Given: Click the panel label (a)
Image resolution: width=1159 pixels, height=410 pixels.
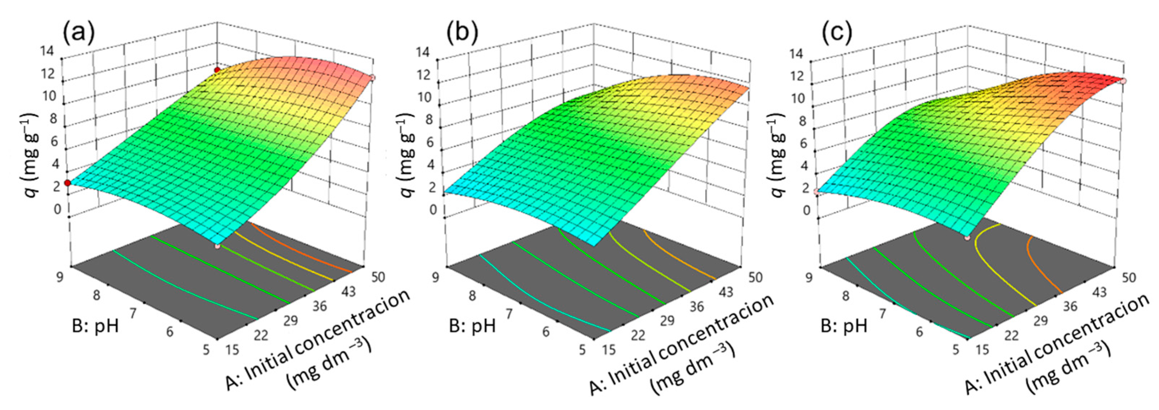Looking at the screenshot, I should (79, 33).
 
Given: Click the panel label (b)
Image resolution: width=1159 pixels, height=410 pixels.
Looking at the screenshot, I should (461, 33).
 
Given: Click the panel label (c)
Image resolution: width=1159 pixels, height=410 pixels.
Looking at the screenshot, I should (836, 33).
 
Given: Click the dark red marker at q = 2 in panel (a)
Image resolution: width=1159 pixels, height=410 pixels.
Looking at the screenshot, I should (67, 183).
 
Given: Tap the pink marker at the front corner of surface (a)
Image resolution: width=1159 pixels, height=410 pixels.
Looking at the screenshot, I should (218, 247).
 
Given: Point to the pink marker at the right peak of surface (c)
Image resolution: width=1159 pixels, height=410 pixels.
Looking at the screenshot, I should (1149, 81).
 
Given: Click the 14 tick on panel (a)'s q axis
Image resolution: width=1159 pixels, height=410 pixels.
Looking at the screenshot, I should (47, 51).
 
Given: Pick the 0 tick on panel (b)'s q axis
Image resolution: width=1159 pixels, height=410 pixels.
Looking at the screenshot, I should (433, 210).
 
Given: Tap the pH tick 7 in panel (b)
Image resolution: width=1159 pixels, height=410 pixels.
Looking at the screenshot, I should (508, 314).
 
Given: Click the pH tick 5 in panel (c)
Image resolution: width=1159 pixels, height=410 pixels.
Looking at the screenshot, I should (956, 349).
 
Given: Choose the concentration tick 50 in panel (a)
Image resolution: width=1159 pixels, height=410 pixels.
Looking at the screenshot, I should (378, 277).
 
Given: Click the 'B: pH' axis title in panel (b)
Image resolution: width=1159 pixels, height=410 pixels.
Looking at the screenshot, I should (472, 326).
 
